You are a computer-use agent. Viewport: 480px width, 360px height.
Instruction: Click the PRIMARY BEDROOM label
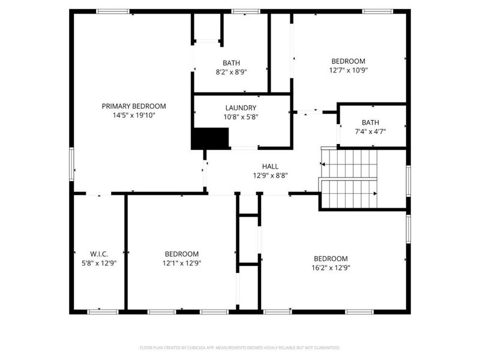pos(133,106)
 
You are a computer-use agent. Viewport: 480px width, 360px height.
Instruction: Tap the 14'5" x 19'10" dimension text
pos(133,116)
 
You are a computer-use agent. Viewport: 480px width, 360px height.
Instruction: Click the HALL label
pos(270,166)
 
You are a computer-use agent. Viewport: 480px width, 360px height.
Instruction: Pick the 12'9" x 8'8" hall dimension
pos(270,176)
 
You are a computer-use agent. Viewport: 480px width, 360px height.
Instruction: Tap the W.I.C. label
pos(98,254)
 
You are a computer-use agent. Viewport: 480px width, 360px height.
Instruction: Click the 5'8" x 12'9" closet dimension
pos(98,263)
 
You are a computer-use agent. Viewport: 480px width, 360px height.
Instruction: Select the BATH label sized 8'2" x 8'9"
pos(231,62)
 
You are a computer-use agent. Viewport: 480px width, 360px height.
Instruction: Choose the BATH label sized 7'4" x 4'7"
pos(370,122)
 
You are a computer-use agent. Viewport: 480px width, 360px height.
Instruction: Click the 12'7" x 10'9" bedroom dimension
pos(349,70)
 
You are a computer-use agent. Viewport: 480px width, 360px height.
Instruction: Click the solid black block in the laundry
pos(210,139)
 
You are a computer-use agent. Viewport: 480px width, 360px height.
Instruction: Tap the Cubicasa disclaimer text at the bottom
pos(240,347)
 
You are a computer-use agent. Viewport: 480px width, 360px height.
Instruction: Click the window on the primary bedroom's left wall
pos(72,165)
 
